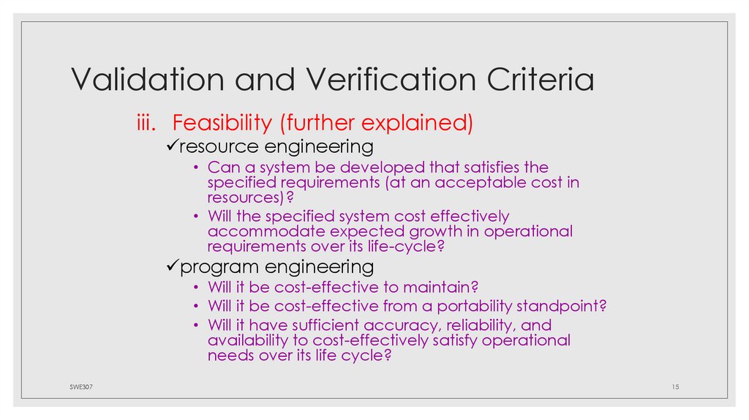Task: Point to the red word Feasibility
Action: pos(224,122)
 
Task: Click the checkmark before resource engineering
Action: pos(170,146)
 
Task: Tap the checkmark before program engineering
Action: pos(170,266)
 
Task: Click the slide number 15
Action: pos(675,386)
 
